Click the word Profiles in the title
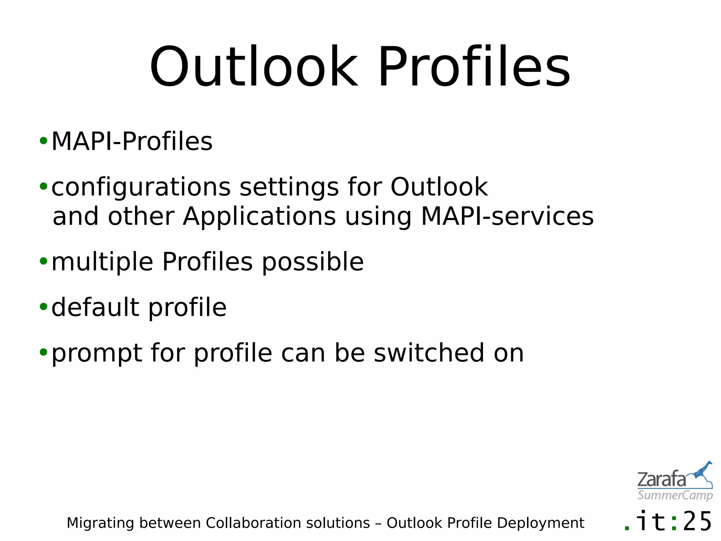click(x=474, y=67)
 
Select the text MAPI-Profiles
click(x=132, y=142)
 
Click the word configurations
click(x=141, y=187)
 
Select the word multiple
click(x=102, y=262)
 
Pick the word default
click(x=95, y=307)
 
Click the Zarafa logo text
click(x=661, y=480)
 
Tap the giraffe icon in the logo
click(x=702, y=472)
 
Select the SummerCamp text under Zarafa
click(x=675, y=495)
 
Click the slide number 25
click(x=697, y=522)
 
